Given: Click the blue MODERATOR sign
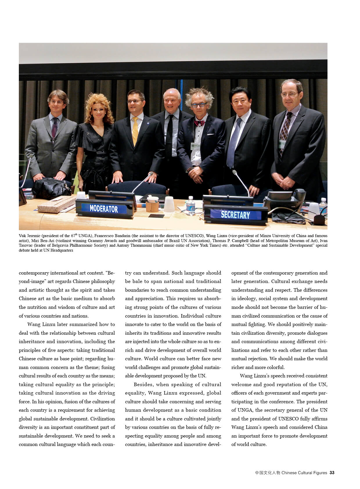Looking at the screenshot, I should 104,209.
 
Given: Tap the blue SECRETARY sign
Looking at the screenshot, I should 235,215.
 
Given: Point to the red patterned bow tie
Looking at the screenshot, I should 199,123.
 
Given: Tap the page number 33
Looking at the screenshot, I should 332,473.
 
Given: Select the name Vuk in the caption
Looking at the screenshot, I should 22,236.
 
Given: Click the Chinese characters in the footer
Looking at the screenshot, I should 267,473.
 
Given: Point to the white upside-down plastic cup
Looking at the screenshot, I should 169,204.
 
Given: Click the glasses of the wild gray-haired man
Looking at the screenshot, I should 199,105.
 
